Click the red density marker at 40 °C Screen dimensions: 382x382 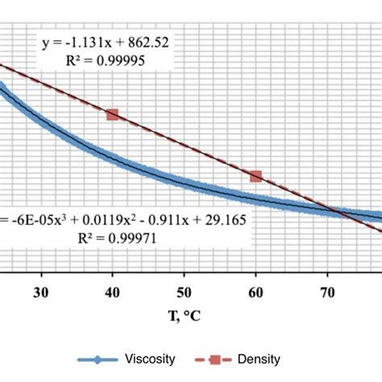[x=112, y=114]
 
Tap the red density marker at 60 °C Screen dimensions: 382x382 [x=255, y=176]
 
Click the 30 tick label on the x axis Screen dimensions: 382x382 [x=41, y=293]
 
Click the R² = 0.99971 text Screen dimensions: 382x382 [x=105, y=237]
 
